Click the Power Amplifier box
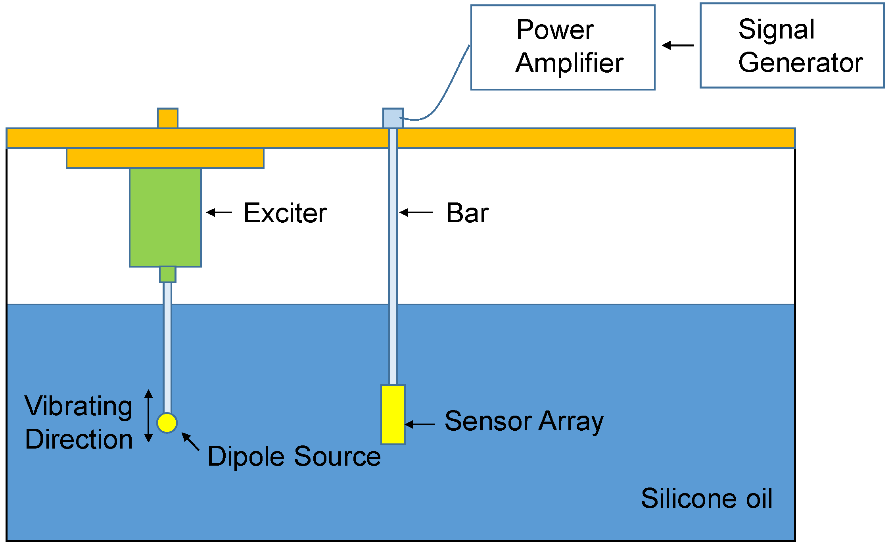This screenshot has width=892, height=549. click(562, 48)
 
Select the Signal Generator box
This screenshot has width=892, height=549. click(792, 46)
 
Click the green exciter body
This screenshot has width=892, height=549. click(165, 217)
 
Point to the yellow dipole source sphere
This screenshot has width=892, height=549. click(167, 423)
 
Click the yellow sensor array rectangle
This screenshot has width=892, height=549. click(393, 414)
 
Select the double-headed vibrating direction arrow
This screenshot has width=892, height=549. click(148, 416)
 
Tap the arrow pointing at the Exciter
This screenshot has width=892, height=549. click(219, 212)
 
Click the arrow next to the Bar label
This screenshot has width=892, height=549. click(416, 212)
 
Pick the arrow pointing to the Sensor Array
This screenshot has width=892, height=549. click(419, 424)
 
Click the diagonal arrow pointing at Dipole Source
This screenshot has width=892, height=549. click(190, 441)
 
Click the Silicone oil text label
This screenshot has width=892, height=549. click(706, 498)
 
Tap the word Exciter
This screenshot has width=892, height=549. click(285, 213)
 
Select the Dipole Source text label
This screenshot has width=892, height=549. click(293, 456)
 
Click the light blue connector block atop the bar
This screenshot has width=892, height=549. click(393, 118)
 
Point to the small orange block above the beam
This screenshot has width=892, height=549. click(167, 118)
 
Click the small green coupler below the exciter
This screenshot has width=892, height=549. click(167, 274)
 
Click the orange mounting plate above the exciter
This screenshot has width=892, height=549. click(165, 158)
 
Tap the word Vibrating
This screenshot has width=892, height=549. click(78, 406)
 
